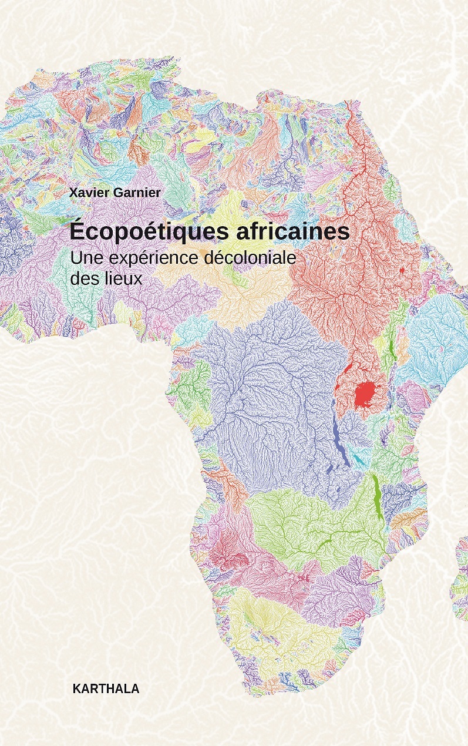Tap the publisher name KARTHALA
pos(106,689)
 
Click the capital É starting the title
pos(77,230)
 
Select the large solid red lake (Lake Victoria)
pos(366,392)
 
